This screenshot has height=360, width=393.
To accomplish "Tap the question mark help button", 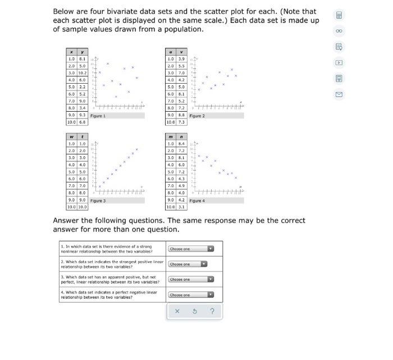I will point(212,312).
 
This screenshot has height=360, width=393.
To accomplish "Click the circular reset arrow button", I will point(195,312).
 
